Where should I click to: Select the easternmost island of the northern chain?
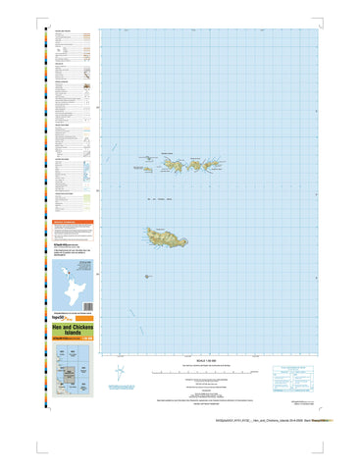[x=226, y=170]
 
